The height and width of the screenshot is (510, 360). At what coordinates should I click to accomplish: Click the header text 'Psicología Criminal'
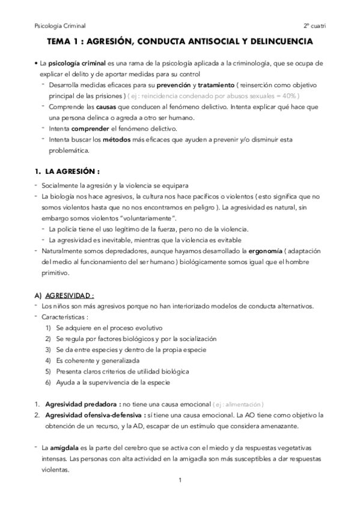[60, 26]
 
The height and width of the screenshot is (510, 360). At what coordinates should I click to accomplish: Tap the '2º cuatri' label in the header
[314, 26]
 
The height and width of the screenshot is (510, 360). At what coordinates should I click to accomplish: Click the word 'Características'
[62, 316]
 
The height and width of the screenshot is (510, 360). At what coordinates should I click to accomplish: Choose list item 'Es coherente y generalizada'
[97, 360]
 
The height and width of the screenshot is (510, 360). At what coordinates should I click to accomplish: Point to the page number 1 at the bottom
[180, 479]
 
